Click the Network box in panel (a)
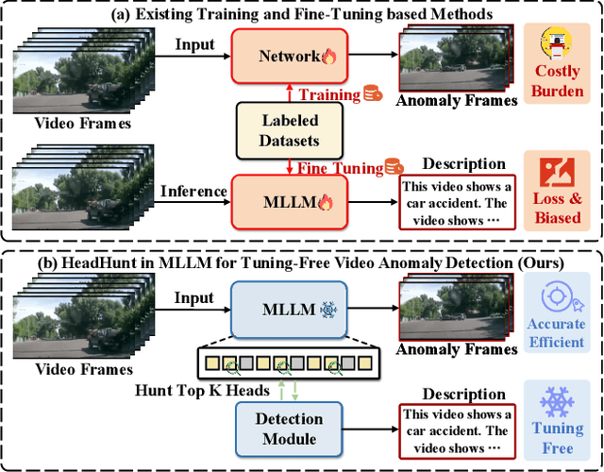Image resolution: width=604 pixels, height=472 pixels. (290, 56)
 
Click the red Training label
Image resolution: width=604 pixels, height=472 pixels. (330, 93)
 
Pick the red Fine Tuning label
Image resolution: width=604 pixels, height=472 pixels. (338, 168)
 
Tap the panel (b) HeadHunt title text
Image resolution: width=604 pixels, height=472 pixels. (302, 260)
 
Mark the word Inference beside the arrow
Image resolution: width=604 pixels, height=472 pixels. (193, 191)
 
